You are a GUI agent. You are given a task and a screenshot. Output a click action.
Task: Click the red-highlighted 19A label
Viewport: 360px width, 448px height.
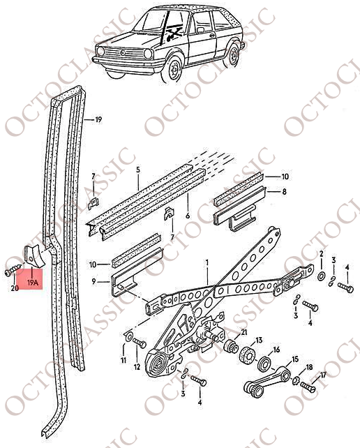33,283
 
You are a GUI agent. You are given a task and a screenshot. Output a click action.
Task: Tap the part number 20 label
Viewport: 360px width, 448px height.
15,288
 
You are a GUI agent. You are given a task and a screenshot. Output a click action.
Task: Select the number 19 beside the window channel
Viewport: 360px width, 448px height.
98,119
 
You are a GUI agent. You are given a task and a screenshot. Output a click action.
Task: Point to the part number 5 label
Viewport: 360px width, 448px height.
138,170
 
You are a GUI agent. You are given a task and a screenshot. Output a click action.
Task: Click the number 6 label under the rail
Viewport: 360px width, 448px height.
188,216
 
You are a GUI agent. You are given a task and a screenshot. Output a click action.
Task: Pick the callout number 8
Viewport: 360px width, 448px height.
284,191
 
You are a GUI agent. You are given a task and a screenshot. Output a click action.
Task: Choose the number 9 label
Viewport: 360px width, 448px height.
94,281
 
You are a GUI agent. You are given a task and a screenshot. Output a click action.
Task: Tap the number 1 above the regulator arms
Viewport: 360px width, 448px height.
207,262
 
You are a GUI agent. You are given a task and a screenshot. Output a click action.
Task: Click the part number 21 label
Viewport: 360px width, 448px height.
244,332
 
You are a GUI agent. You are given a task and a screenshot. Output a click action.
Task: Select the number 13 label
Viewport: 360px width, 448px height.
259,341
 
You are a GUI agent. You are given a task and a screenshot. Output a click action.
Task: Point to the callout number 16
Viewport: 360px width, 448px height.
276,350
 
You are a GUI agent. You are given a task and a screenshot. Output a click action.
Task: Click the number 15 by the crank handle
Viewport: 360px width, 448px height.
295,359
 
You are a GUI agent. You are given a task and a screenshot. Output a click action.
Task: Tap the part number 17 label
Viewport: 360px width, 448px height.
323,375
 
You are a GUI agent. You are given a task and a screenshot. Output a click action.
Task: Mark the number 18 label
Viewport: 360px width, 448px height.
310,367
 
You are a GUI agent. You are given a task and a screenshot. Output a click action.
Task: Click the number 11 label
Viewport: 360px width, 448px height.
123,360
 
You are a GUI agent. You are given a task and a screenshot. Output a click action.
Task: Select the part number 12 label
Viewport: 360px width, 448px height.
137,366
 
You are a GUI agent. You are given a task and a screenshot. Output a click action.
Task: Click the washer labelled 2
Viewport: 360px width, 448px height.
321,276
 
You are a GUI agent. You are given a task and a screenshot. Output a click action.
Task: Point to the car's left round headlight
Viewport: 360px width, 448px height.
101,51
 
